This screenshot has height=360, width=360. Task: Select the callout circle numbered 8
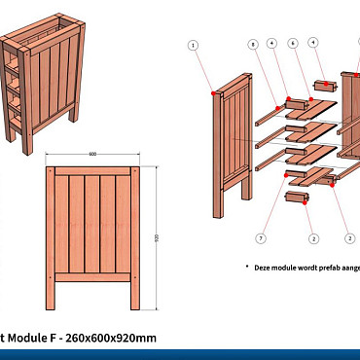252,45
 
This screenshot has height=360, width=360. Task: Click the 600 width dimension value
92,155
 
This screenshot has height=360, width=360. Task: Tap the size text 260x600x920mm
110,338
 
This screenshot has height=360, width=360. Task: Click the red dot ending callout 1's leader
213,91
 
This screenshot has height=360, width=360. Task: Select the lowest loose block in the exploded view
296,198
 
